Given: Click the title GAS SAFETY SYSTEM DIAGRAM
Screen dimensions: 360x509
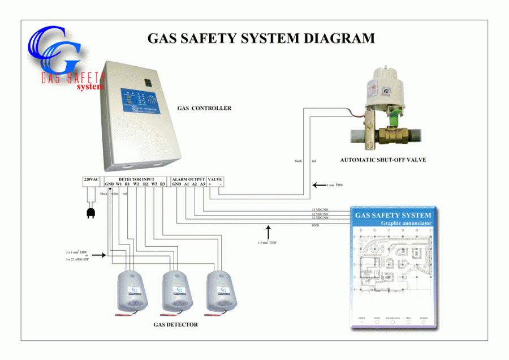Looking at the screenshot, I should pyautogui.click(x=261, y=38).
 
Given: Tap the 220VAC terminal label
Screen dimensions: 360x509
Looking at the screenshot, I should pyautogui.click(x=91, y=179).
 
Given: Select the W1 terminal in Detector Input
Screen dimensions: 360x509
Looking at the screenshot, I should pyautogui.click(x=119, y=185).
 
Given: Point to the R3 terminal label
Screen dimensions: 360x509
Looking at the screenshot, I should pyautogui.click(x=163, y=185).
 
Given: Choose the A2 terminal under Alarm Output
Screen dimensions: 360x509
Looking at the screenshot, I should pyautogui.click(x=194, y=185).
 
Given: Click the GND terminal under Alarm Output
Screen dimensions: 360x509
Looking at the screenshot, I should pyautogui.click(x=176, y=185).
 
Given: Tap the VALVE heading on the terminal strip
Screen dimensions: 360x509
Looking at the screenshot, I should pyautogui.click(x=215, y=179).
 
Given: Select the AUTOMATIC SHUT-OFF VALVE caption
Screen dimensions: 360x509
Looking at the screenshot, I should pyautogui.click(x=382, y=160).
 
